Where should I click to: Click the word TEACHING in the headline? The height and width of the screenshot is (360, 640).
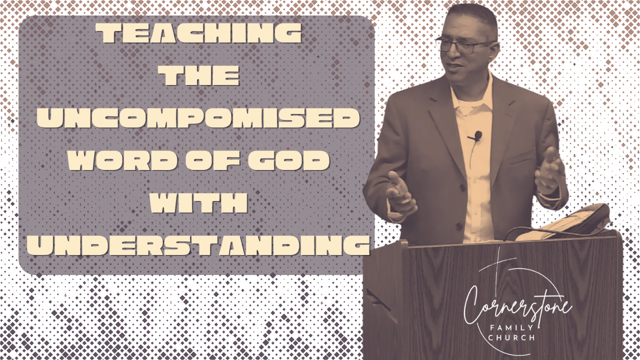(x=199, y=33)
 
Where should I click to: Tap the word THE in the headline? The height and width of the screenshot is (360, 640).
(x=199, y=75)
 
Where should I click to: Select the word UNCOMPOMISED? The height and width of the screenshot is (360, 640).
(x=198, y=118)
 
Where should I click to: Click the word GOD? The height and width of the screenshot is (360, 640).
(x=289, y=160)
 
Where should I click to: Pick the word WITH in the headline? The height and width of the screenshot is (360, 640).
(x=198, y=203)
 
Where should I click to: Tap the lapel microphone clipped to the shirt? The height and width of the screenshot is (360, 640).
(x=476, y=135)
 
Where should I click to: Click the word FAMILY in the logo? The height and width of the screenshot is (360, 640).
(x=511, y=327)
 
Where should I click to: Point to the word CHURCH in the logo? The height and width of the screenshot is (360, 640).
(x=511, y=338)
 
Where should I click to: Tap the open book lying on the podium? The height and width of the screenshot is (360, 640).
(x=564, y=223)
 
